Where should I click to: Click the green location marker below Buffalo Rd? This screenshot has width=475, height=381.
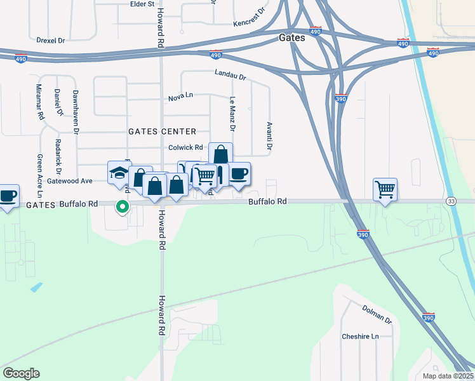click(123, 206)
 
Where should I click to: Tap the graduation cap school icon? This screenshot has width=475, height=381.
click(119, 172)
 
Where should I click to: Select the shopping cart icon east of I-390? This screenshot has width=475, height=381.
click(385, 189)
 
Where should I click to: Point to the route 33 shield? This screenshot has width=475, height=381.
click(451, 201)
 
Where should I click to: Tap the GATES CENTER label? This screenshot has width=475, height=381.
click(162, 131)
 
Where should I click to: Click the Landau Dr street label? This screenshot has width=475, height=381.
click(230, 74)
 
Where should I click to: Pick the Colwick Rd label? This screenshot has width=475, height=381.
click(185, 147)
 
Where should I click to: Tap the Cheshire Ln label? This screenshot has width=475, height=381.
click(360, 337)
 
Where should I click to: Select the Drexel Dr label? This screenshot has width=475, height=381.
click(51, 39)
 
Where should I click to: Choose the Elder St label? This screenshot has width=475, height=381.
click(142, 4)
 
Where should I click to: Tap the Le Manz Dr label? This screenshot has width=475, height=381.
click(232, 114)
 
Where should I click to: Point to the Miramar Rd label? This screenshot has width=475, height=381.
click(39, 102)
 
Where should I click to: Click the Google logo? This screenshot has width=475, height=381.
click(21, 373)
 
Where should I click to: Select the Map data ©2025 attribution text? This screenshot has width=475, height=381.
click(447, 376)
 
